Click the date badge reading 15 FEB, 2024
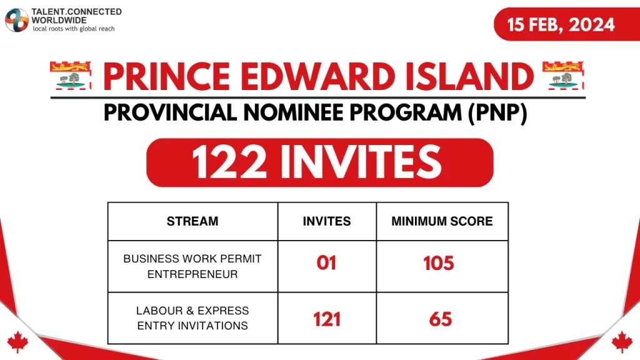point(561,25)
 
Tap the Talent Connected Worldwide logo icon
point(17,20)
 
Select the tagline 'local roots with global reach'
point(74,29)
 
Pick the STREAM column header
point(192,221)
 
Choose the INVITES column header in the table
point(326,221)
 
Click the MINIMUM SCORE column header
point(442,221)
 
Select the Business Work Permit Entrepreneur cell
point(192,266)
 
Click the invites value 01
point(326,263)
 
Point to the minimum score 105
point(439,263)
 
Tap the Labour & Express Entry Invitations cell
point(192,318)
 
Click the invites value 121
point(326,319)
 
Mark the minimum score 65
point(441,319)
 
